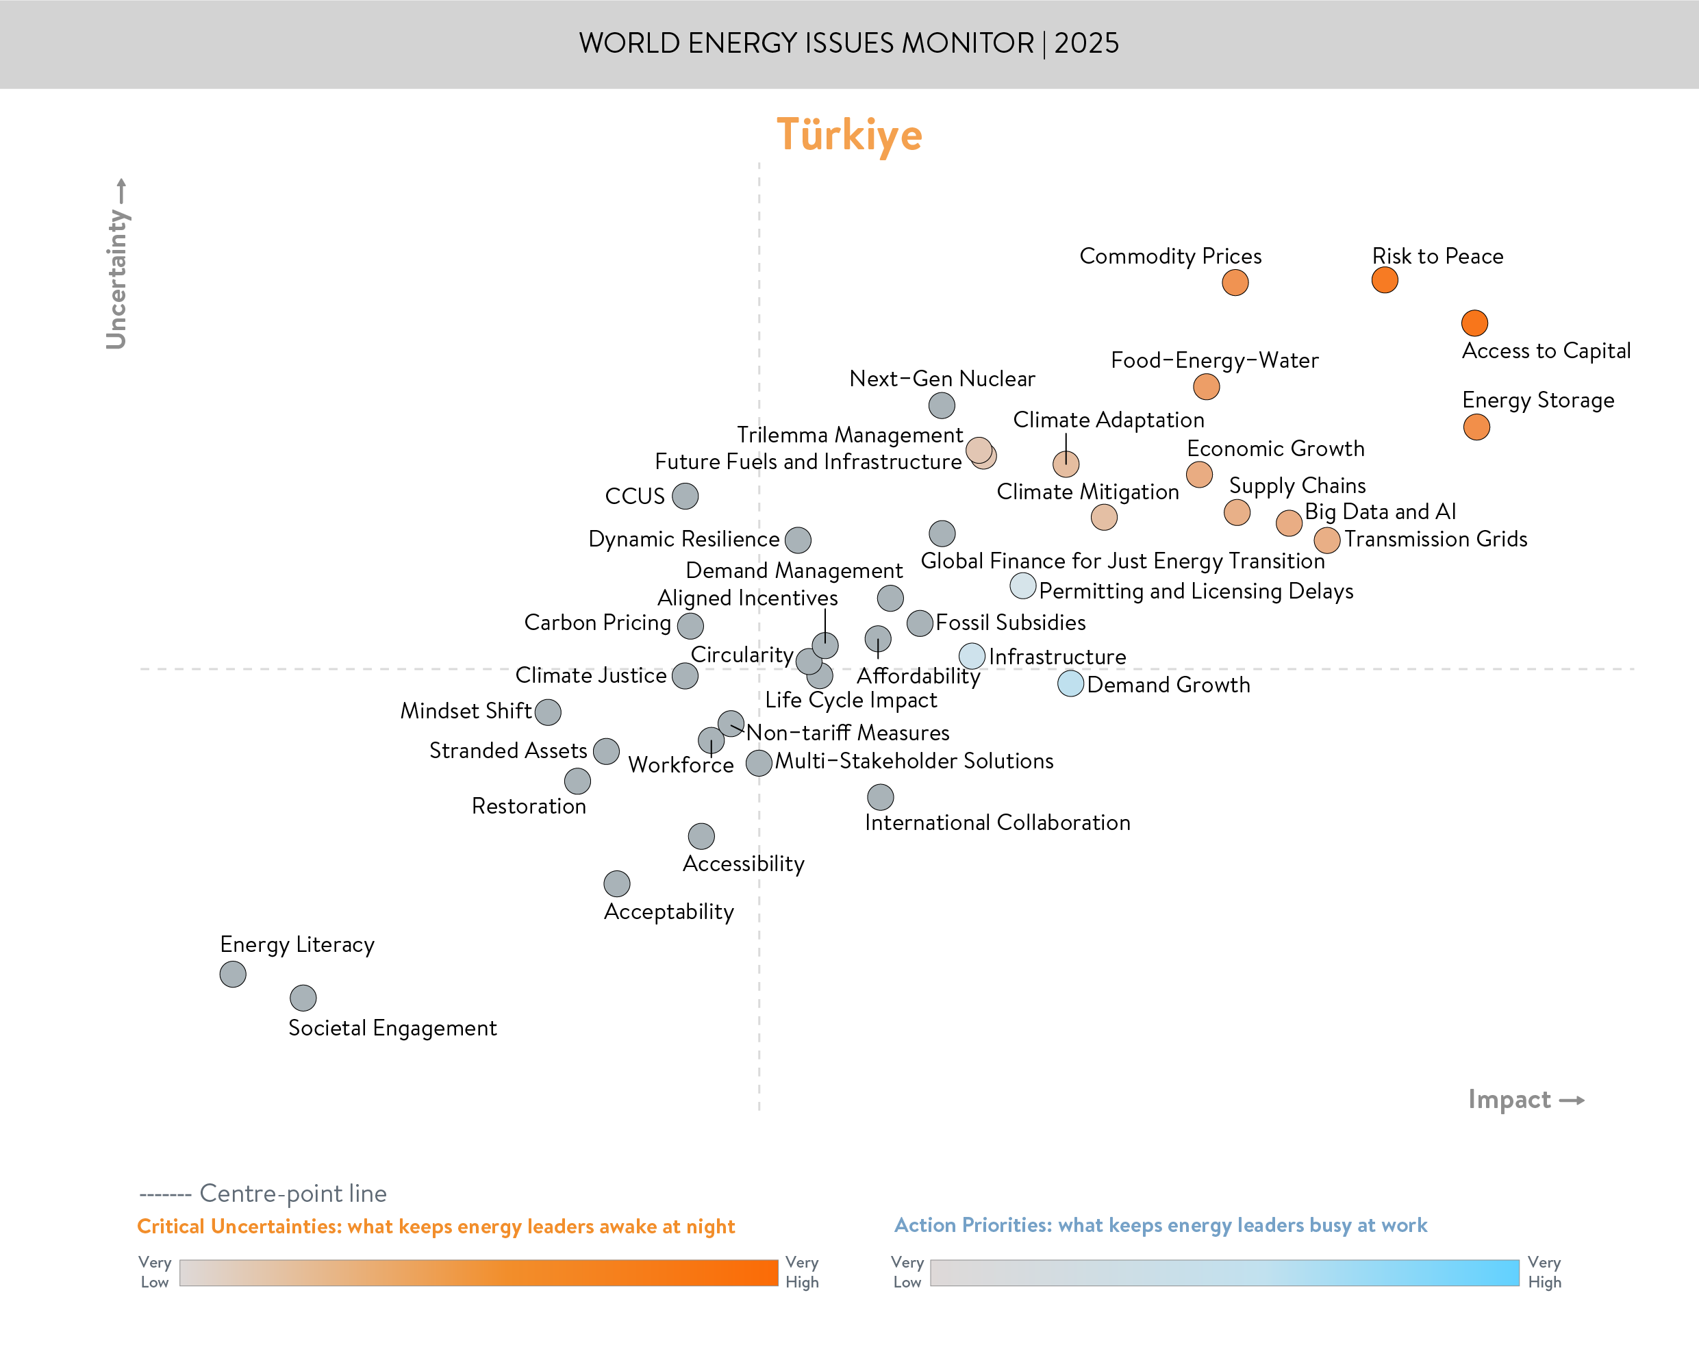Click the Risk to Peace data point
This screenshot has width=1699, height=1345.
tap(1384, 279)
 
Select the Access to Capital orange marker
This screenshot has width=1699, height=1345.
tap(1474, 323)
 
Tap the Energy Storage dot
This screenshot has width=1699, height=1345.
tap(1476, 427)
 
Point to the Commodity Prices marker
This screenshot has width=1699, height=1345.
tap(1235, 283)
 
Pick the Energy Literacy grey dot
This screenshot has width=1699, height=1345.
tap(232, 974)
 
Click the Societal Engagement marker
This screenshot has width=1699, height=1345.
tap(303, 998)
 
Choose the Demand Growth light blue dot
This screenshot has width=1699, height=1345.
tap(1070, 683)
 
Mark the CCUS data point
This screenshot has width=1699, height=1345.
tap(685, 496)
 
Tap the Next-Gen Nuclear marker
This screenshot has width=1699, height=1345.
tap(942, 405)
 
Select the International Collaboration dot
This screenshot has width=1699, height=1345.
tap(880, 797)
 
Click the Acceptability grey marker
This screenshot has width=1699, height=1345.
tap(616, 883)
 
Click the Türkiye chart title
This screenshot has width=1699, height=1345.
tap(848, 135)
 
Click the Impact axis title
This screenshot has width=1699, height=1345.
tap(1509, 1099)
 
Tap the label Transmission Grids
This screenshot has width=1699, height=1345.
tap(1435, 540)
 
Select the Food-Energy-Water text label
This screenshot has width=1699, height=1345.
tap(1214, 361)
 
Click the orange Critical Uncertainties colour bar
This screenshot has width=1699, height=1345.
tap(478, 1272)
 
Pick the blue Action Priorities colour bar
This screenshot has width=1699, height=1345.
tap(1224, 1272)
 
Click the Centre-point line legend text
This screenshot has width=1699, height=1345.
tap(292, 1193)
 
